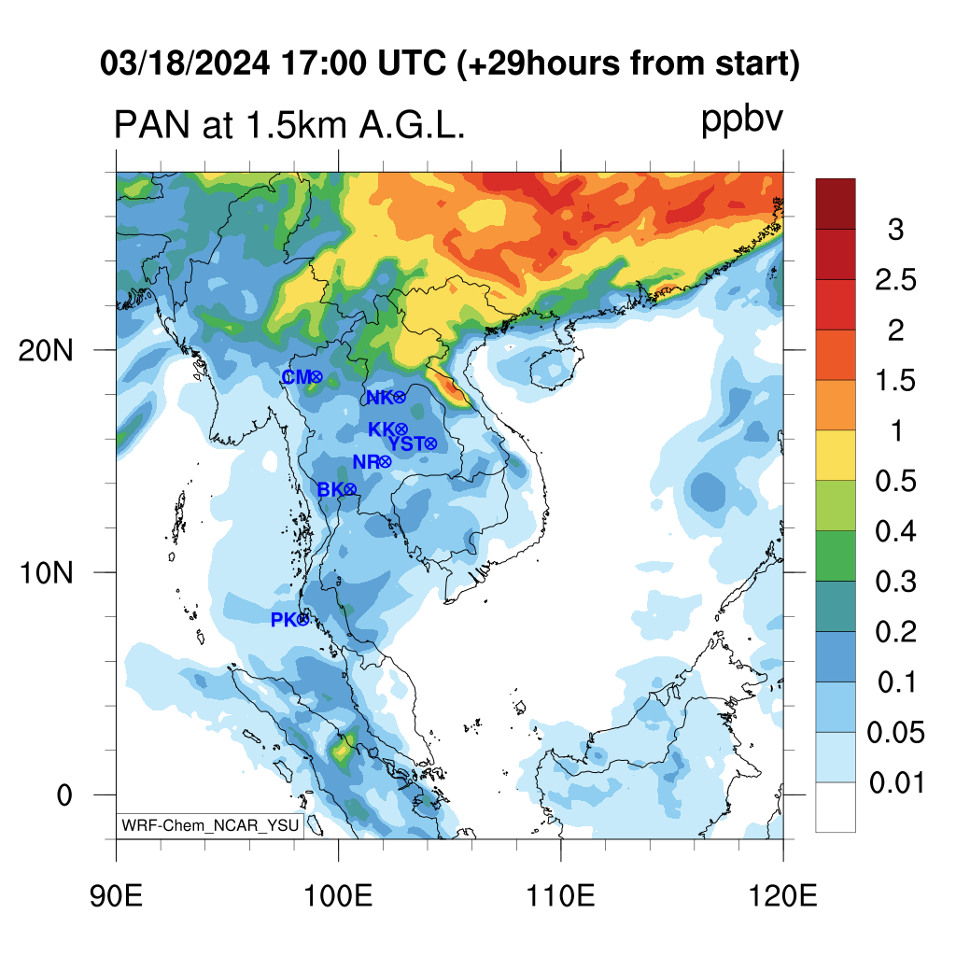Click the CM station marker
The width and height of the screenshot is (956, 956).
point(316,377)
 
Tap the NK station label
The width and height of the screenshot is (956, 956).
point(378,398)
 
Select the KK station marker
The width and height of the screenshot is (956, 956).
point(401,429)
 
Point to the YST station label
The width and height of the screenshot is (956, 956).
point(406,443)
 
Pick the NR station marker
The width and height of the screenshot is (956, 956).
point(385,462)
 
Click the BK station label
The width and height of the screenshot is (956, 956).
point(330,489)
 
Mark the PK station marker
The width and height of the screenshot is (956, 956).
point(302,619)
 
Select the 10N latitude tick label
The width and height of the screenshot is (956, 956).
point(45,572)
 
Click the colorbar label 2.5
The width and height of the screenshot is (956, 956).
point(894,280)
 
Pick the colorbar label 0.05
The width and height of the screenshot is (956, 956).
point(895,733)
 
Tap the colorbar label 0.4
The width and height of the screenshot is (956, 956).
point(894,532)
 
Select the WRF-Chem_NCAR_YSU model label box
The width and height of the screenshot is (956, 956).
point(211,825)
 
